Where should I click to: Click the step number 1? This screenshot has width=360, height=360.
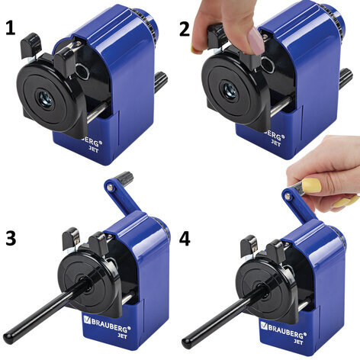tap(10, 27)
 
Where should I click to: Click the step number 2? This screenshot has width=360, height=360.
tap(185, 28)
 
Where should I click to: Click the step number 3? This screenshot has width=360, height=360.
tap(11, 239)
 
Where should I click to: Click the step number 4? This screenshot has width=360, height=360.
tap(185, 239)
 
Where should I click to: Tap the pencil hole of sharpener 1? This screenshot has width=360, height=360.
tap(47, 98)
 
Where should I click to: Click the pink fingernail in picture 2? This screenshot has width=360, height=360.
tap(256, 40)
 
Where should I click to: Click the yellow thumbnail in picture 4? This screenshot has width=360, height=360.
tap(312, 185)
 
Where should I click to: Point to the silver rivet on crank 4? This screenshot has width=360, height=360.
tap(288, 196)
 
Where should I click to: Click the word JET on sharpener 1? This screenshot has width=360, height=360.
tap(93, 149)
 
